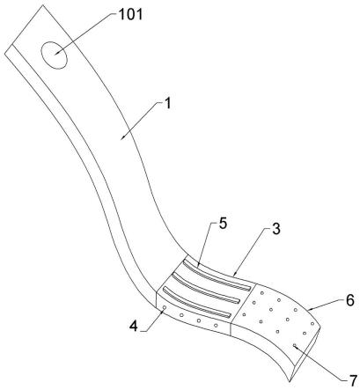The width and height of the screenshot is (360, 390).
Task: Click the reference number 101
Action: coord(130,14)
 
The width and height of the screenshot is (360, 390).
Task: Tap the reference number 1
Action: coord(167,103)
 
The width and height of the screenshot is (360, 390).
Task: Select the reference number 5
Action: coord(223,224)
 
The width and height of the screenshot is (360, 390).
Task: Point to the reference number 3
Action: coord(276,229)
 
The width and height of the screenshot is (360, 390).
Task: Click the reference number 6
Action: coord(350,300)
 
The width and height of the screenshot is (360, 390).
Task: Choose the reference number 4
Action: coord(134,326)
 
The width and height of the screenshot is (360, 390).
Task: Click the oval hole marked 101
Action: coord(55,55)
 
